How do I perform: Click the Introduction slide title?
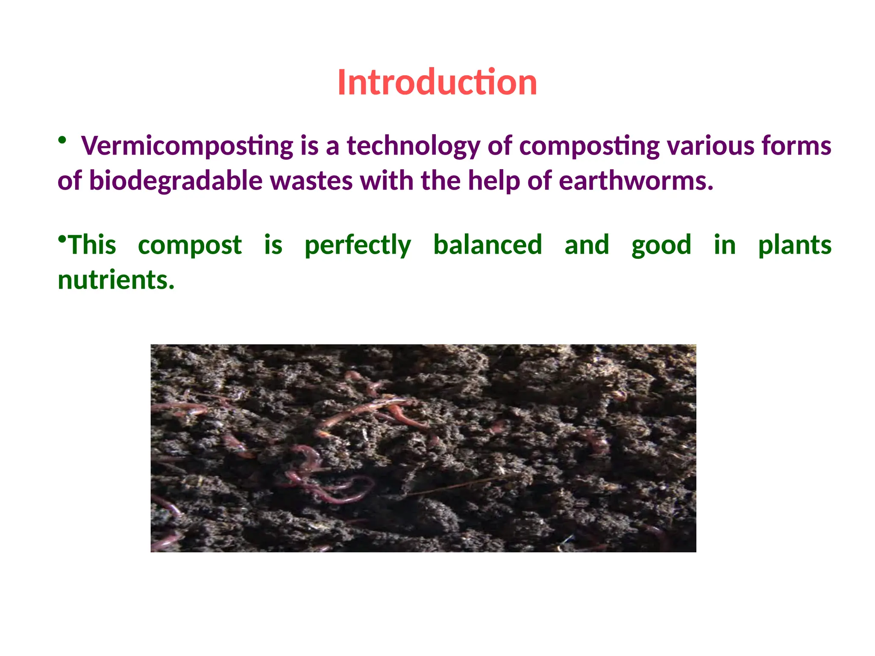click(x=437, y=82)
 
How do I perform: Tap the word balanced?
click(x=487, y=245)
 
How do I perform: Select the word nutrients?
click(x=116, y=281)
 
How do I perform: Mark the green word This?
click(x=92, y=245)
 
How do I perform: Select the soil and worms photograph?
click(x=423, y=448)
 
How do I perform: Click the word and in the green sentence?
click(x=587, y=245)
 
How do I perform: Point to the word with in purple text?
click(x=387, y=181)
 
